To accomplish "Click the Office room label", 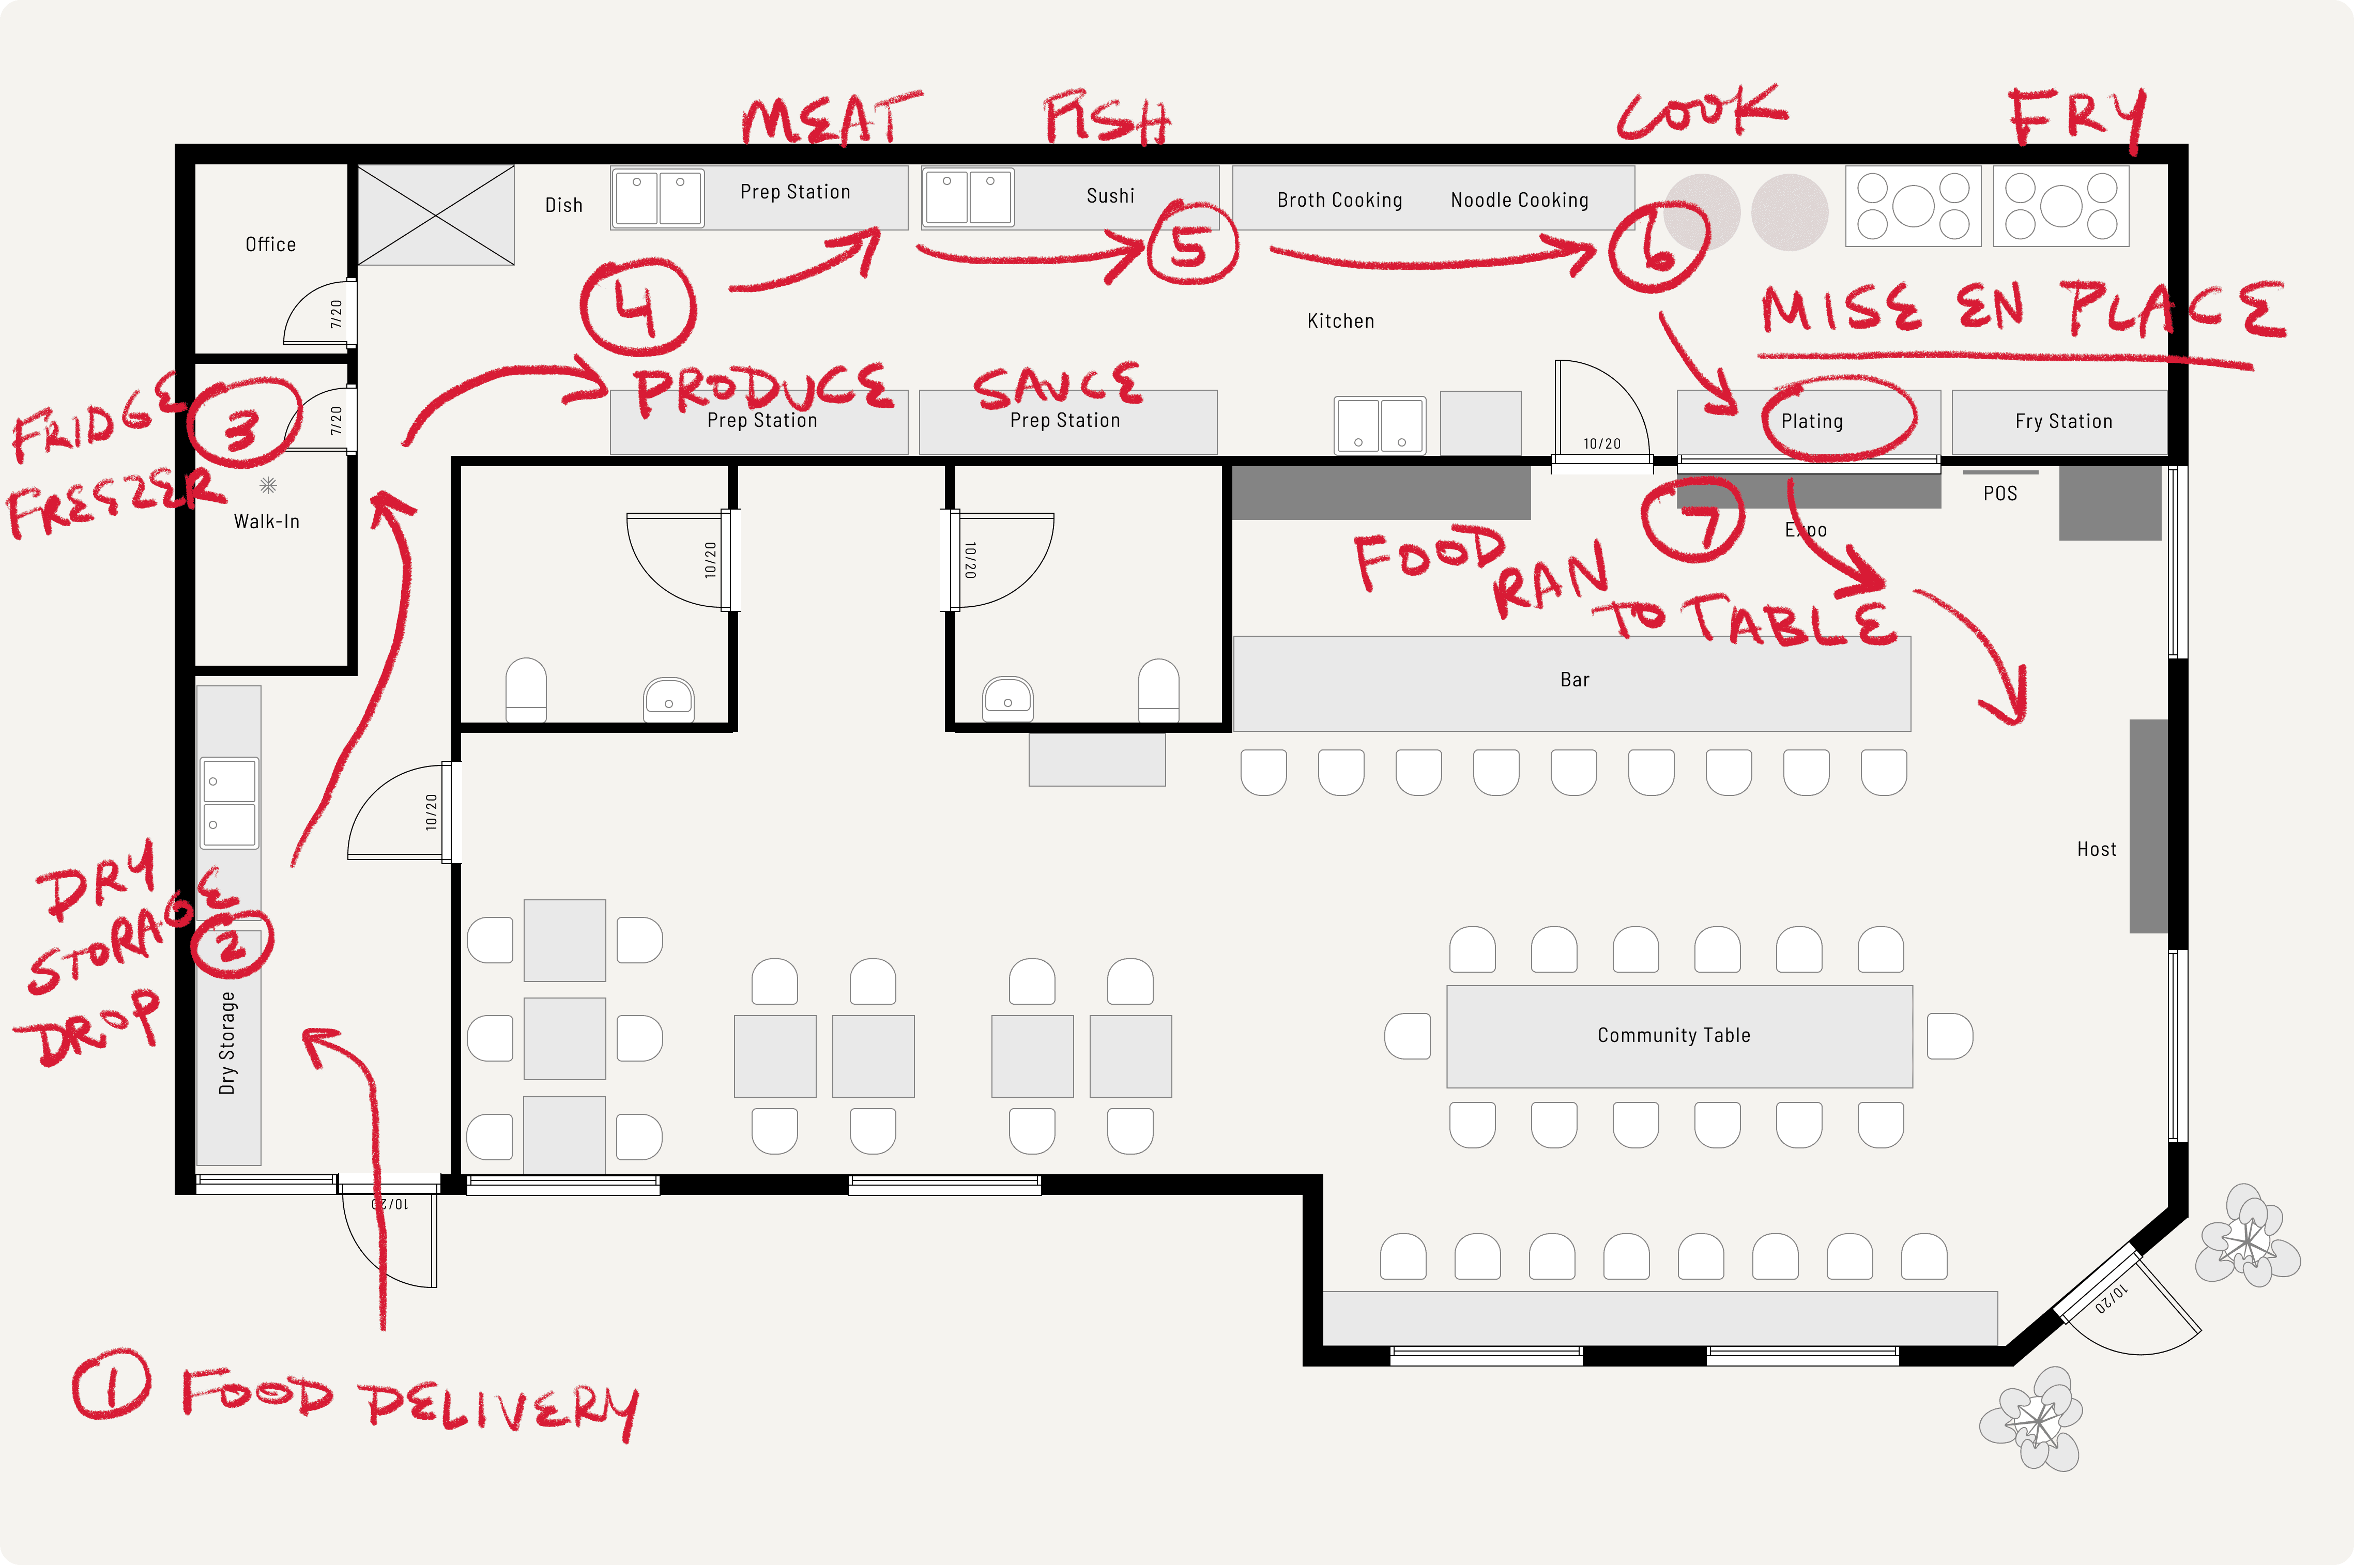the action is click(270, 244).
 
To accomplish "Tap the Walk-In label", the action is click(267, 521).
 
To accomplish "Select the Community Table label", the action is click(1673, 1035).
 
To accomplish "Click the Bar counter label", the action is click(1575, 680).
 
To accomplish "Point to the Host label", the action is click(2097, 849).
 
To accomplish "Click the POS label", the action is click(1999, 493).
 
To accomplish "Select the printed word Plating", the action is click(1812, 421).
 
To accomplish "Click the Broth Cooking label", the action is click(1340, 200).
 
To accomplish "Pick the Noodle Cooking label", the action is click(1519, 200).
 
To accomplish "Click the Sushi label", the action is click(1110, 195).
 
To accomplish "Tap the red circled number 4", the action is click(637, 306).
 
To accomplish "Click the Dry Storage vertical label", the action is click(227, 1043).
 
